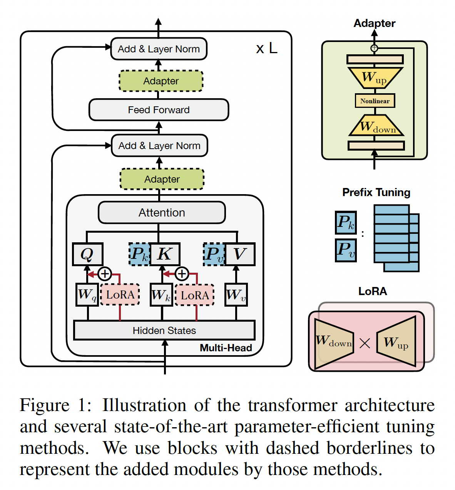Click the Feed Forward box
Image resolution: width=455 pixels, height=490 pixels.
coord(159,110)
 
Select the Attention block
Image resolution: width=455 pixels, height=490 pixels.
coord(162,213)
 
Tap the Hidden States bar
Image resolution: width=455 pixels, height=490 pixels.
coord(164,331)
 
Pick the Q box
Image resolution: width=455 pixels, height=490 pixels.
coord(88,254)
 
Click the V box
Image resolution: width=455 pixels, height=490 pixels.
coord(240,254)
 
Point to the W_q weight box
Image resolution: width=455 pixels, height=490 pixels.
coord(87,295)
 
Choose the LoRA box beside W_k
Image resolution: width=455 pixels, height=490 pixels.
coord(195,295)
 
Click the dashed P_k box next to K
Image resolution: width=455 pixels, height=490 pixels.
coord(139,254)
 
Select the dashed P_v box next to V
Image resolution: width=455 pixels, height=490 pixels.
coord(214,254)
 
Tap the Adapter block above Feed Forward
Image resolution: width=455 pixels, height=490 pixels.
coord(161,81)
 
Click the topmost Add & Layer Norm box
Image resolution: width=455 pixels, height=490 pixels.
coord(159,49)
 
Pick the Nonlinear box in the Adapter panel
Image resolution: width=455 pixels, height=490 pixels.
coord(375,101)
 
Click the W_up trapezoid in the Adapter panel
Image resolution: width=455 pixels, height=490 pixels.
coord(375,77)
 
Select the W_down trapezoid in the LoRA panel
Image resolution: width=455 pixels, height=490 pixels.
coord(334,341)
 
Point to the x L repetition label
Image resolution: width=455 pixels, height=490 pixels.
coord(267,49)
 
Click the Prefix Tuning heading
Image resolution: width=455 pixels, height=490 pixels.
coord(376,192)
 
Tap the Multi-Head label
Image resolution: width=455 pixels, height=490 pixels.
coord(226,348)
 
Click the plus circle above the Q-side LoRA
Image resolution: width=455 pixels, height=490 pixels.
coord(105,274)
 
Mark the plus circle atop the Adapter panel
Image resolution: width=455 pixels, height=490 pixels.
coord(374,48)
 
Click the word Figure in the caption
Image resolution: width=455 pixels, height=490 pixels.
coord(45,405)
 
